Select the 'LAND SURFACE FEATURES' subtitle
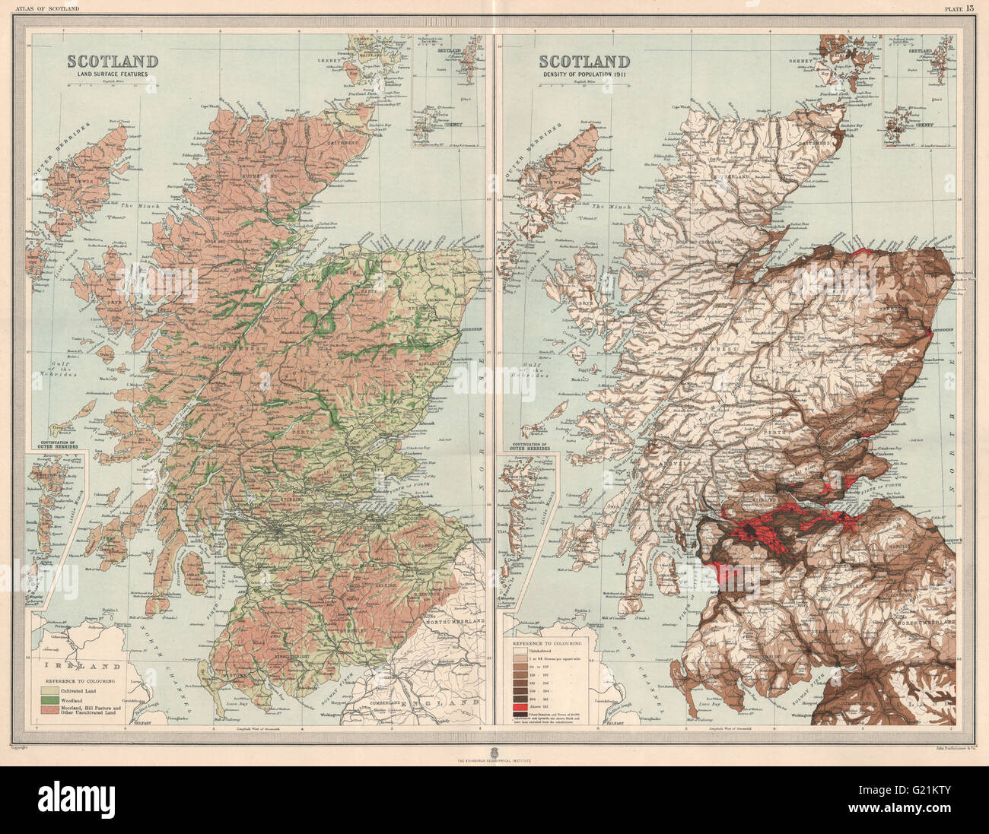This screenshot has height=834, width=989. pos(113,75)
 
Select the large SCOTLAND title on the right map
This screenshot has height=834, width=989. pos(584,62)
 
